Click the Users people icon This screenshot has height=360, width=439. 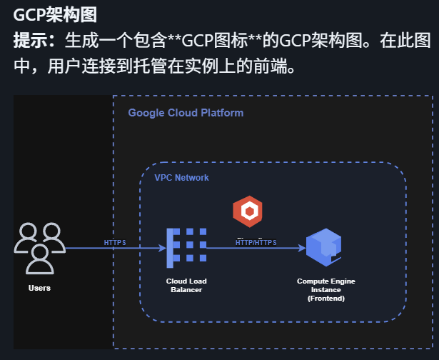tap(39, 248)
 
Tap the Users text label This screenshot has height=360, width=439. tap(39, 288)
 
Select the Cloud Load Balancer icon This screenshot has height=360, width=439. tap(186, 248)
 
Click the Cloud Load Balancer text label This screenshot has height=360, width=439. tap(186, 286)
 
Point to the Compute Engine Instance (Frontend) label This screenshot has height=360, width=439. tap(326, 290)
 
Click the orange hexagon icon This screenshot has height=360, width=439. tap(248, 211)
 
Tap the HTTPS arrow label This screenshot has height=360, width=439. tap(115, 243)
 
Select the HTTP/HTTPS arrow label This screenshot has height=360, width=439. tap(256, 243)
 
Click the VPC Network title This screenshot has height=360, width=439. tap(181, 177)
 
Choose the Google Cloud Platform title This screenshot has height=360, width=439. tap(186, 113)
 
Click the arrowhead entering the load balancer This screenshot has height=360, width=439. tap(163, 249)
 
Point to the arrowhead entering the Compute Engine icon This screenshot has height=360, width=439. tap(301, 249)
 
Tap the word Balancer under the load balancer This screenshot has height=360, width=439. tap(186, 290)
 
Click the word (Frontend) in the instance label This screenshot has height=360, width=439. tap(326, 299)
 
